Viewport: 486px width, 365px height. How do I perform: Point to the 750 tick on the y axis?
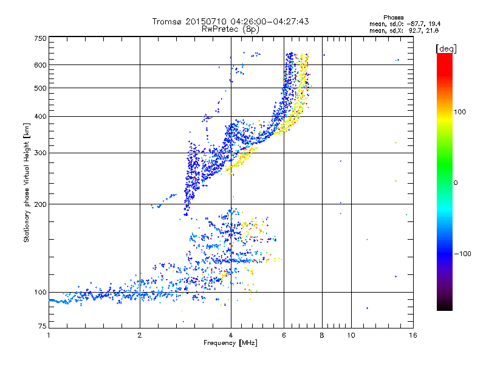pos(41,38)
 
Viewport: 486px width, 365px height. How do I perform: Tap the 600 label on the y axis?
pos(41,64)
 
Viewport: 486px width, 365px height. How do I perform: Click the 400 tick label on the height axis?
pos(41,116)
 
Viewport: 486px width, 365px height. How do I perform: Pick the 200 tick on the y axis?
pos(41,204)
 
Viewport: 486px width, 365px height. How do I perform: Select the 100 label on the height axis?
pos(41,292)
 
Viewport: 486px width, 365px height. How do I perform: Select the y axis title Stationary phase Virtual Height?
pos(27,183)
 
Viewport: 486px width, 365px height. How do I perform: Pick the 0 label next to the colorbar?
pos(456,182)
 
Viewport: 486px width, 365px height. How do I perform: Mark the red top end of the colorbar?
pos(444,57)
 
